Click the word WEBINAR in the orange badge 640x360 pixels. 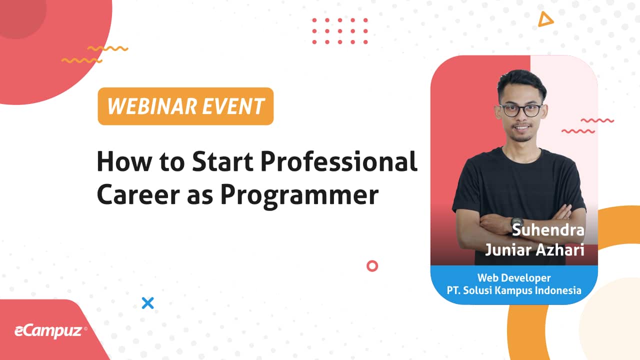152,106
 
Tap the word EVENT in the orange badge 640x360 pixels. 233,106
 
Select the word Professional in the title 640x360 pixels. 339,161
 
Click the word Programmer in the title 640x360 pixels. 299,195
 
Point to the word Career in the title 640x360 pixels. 138,194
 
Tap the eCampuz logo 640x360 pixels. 50,331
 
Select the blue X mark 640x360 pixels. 147,303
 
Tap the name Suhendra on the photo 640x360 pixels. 548,230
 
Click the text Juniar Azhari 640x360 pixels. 534,249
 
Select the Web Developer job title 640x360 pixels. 514,277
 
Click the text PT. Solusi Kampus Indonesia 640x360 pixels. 514,290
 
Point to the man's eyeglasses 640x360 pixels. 521,110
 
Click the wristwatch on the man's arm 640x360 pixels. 517,223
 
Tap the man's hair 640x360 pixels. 521,81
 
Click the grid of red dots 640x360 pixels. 340,31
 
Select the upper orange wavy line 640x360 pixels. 107,48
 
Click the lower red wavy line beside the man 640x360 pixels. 578,131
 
